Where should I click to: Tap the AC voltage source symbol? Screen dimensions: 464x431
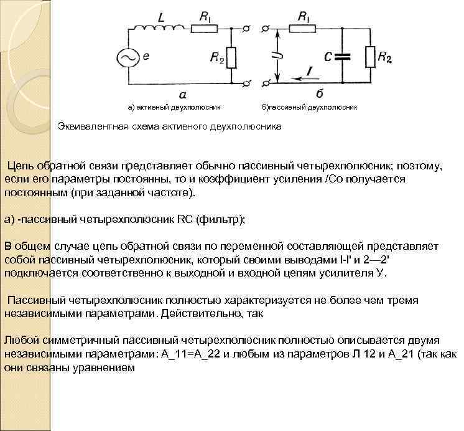pyautogui.click(x=128, y=57)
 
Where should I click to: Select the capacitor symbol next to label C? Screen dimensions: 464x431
pyautogui.click(x=342, y=57)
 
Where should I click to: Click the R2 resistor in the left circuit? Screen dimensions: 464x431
pyautogui.click(x=231, y=58)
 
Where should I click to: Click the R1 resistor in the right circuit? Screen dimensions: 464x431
pyautogui.click(x=304, y=28)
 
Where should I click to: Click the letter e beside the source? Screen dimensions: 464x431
pyautogui.click(x=146, y=56)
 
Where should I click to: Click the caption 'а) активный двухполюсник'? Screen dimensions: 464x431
pyautogui.click(x=174, y=107)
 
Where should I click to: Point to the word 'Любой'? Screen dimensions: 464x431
pyautogui.click(x=19, y=340)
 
